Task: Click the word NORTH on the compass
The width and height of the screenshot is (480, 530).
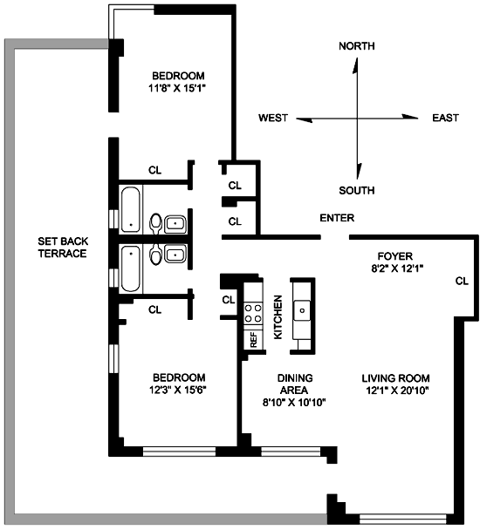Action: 357,46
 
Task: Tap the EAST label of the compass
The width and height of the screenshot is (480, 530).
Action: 445,118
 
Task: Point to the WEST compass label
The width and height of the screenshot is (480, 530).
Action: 273,118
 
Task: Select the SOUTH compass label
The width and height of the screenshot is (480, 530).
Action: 357,190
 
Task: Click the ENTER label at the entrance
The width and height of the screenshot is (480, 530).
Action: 337,218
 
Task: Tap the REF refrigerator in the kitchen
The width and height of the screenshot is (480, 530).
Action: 254,340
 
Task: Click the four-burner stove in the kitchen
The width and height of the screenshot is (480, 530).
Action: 253,313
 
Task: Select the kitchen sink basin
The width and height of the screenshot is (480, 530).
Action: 302,310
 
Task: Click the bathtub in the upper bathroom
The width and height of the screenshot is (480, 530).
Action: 130,209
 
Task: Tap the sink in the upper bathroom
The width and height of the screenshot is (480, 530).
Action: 175,224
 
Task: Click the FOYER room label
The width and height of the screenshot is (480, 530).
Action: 395,256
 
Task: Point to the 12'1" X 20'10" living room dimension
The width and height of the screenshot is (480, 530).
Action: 397,391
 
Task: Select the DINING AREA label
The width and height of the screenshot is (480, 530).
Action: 295,384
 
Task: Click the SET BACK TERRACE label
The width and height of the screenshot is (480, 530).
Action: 63,248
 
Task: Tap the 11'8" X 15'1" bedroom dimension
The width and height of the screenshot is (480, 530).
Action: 177,89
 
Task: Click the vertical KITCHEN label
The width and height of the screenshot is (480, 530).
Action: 278,317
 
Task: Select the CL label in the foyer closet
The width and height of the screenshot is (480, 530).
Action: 462,281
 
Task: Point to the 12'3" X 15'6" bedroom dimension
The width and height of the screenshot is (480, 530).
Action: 178,390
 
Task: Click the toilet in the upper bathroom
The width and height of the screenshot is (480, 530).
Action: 155,223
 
